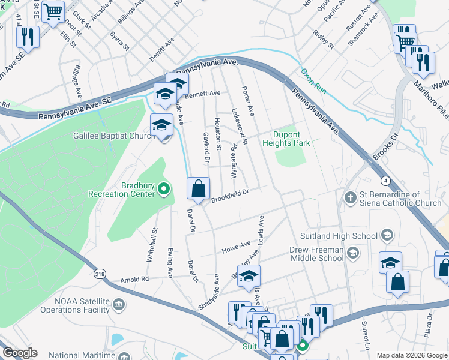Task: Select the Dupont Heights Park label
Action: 286,139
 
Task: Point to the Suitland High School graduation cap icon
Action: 387,235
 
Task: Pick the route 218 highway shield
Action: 100,274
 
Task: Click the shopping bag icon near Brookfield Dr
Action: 198,189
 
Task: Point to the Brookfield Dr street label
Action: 229,194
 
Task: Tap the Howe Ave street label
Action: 237,245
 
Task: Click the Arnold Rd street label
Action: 134,279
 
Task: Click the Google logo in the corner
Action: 20,352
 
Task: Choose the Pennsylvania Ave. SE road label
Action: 74,109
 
